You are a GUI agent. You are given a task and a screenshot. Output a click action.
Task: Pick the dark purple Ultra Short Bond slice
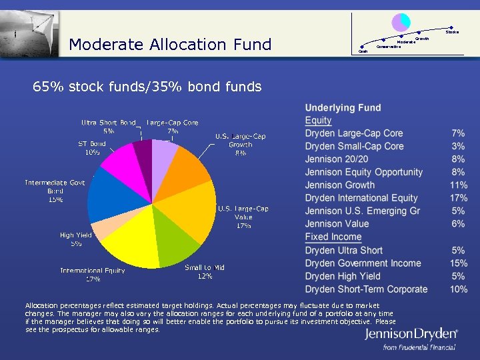click(143, 151)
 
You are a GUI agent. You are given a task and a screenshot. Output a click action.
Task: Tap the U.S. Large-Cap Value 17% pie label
click(243, 217)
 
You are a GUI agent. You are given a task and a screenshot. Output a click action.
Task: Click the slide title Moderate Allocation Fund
click(170, 45)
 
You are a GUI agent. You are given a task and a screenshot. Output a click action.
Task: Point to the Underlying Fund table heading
click(343, 107)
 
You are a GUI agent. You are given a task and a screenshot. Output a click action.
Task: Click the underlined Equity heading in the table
click(318, 121)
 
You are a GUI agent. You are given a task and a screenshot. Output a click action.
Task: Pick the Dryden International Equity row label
click(361, 198)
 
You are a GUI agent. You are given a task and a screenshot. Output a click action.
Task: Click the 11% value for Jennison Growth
click(458, 185)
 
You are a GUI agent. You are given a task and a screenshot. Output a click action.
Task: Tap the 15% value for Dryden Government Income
click(458, 263)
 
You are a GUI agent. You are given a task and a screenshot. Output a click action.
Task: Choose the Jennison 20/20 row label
click(336, 159)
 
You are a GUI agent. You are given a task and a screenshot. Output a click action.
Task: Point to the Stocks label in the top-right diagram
click(452, 31)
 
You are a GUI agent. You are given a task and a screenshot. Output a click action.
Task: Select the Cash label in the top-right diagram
click(363, 51)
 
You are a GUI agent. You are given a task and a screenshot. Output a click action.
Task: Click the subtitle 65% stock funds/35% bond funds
click(147, 87)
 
